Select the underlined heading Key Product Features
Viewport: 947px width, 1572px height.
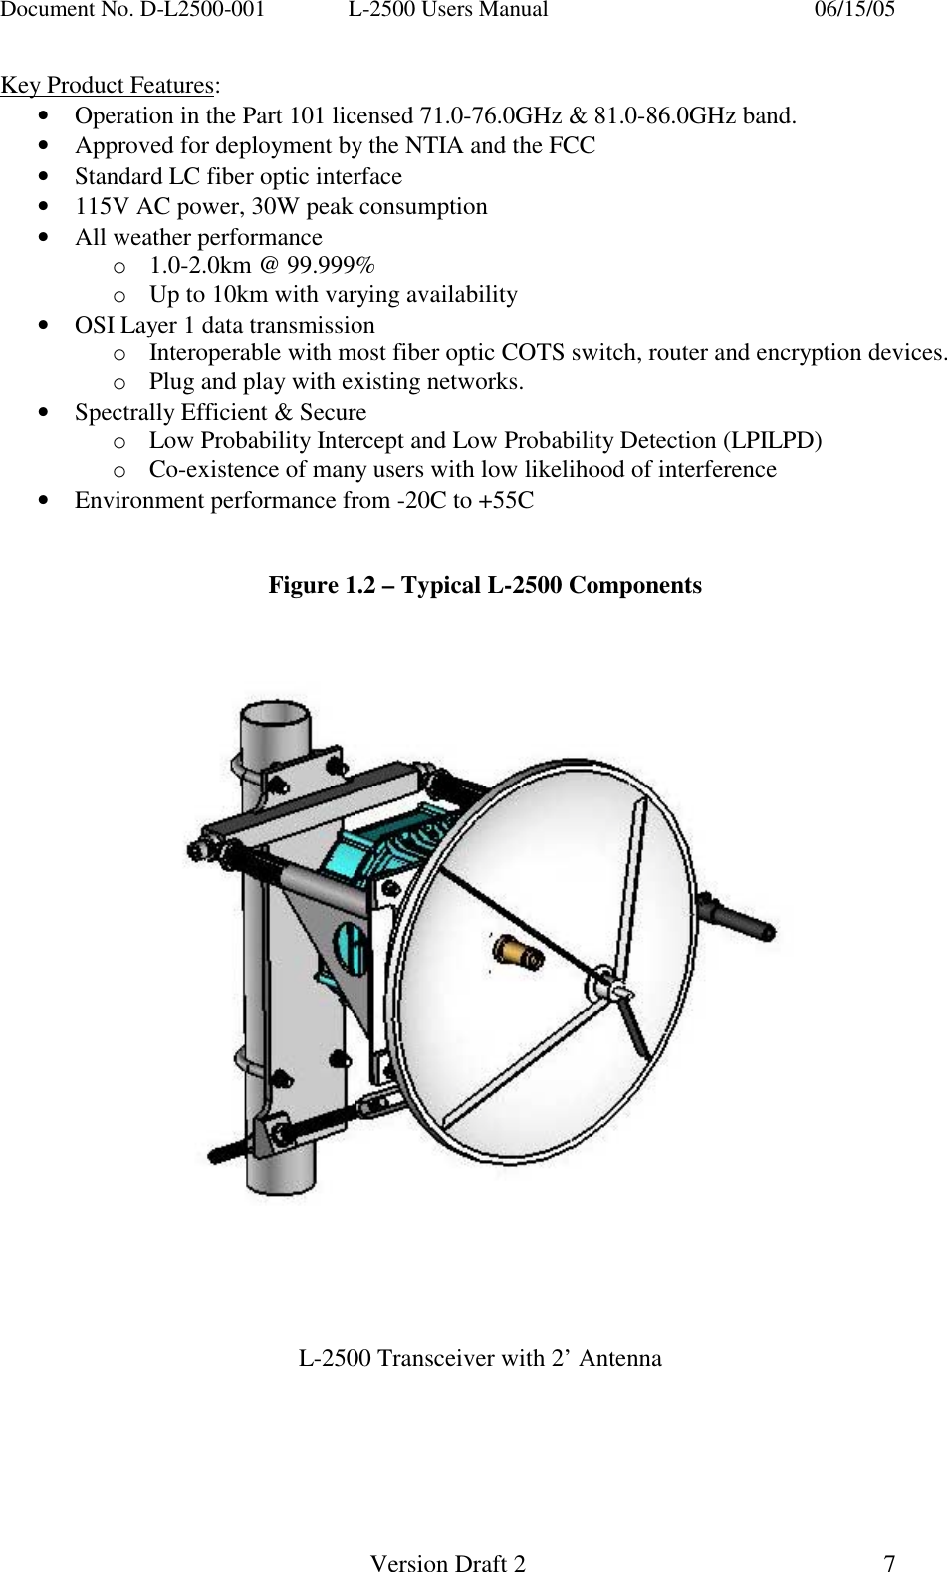pyautogui.click(x=108, y=85)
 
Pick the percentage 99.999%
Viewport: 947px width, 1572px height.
pyautogui.click(x=331, y=265)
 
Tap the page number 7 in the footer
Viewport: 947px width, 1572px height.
pyautogui.click(x=889, y=1563)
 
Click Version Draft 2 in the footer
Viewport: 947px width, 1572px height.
pyautogui.click(x=447, y=1563)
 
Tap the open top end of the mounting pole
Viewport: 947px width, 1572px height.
pyautogui.click(x=274, y=715)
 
